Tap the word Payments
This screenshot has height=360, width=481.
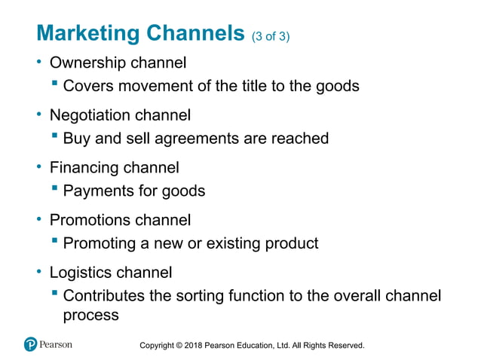point(98,191)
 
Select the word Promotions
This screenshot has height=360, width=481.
point(90,220)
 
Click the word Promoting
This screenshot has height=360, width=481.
point(100,243)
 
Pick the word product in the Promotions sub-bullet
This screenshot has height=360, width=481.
point(290,243)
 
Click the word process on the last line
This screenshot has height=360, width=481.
point(90,315)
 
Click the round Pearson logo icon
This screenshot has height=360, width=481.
point(31,345)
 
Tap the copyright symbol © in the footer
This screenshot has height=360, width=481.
point(179,346)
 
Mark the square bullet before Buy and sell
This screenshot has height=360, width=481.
point(55,136)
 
